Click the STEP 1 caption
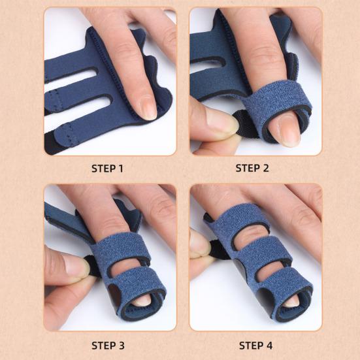click(x=107, y=168)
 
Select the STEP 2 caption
click(x=252, y=168)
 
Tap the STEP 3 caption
click(x=107, y=344)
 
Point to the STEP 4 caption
click(x=252, y=344)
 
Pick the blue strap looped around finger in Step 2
click(x=268, y=105)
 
